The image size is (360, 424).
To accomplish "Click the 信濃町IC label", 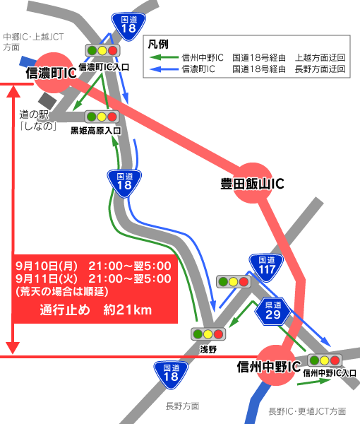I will pyautogui.click(x=50, y=73).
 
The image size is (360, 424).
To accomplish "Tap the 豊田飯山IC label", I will pyautogui.click(x=251, y=184).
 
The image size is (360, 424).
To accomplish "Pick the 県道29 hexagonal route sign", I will pyautogui.click(x=272, y=310).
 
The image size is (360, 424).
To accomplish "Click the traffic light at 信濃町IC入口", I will pyautogui.click(x=102, y=51).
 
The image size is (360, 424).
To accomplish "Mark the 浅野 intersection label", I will pyautogui.click(x=208, y=349).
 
